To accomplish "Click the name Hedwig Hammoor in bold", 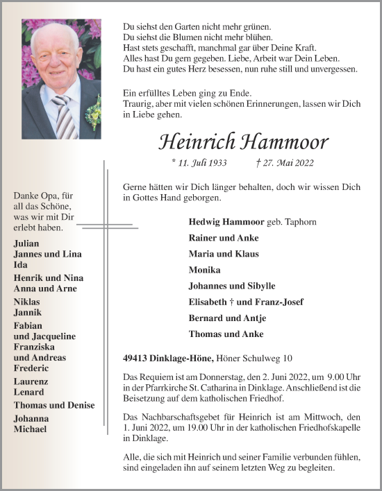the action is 226,222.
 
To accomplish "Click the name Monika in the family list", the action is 204,270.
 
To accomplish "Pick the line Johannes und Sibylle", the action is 232,286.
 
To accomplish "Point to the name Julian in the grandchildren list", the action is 27,243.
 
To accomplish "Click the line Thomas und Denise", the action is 54,405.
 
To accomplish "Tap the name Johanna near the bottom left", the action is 31,419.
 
